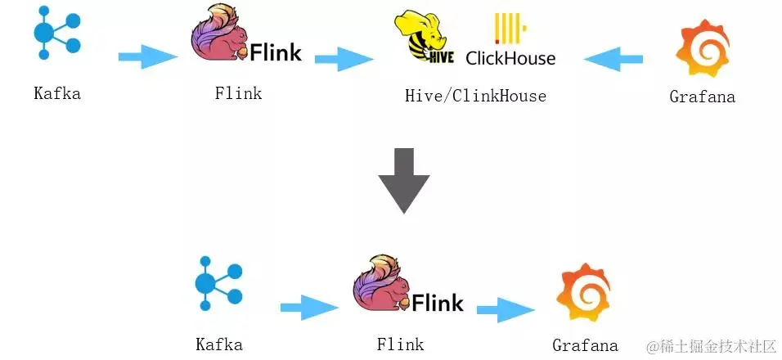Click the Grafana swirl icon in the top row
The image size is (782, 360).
(702, 48)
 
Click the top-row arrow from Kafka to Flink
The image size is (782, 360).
(147, 57)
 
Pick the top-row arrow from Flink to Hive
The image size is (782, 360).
(344, 59)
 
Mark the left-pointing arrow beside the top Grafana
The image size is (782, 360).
(613, 59)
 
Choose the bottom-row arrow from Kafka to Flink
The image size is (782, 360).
(309, 308)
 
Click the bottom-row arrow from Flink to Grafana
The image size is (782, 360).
(506, 309)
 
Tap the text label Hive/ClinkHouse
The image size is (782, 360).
(475, 97)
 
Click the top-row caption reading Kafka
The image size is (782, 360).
(57, 93)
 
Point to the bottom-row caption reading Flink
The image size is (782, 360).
(400, 344)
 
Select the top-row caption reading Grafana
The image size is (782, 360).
(702, 97)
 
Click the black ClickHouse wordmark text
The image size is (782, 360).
(510, 58)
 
